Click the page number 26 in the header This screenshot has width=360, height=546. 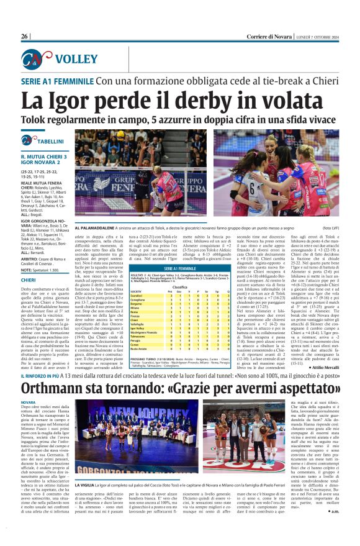point(25,37)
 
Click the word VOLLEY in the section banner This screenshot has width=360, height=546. point(75,60)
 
